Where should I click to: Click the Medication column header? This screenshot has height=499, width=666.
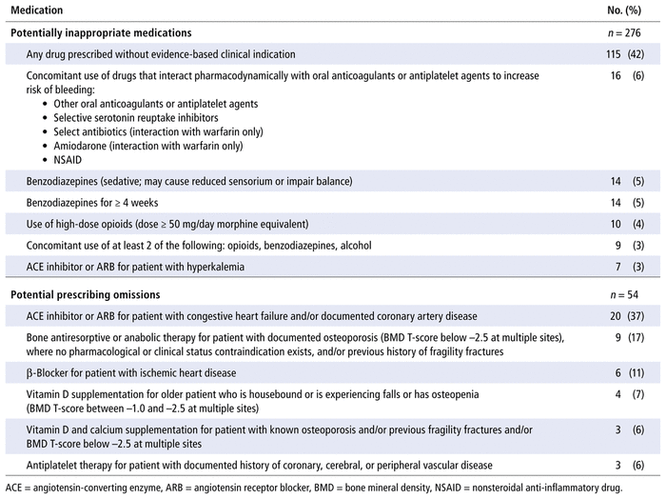click(38, 10)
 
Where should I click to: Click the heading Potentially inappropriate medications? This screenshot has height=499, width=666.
click(100, 32)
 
